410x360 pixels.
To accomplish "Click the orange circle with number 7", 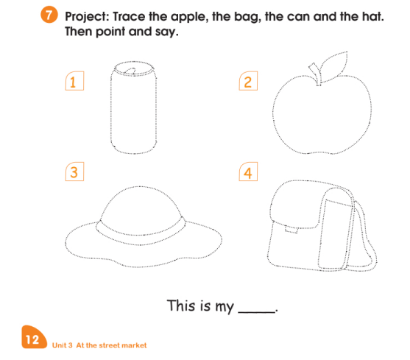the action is click(x=49, y=15).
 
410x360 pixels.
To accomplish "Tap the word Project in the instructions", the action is click(x=87, y=18).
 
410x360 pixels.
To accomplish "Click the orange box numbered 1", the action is click(x=74, y=81).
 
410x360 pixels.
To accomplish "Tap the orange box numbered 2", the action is click(x=248, y=81).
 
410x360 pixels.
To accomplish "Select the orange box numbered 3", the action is click(x=74, y=172).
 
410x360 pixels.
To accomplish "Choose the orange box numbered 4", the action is click(x=248, y=172).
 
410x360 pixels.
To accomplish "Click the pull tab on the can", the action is click(x=130, y=71).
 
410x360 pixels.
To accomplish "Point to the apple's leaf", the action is click(x=334, y=66).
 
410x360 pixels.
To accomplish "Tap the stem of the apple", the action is click(x=315, y=74).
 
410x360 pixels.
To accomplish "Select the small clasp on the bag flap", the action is click(x=291, y=230).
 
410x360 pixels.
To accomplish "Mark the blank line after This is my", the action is click(x=256, y=311).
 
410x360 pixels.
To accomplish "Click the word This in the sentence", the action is click(x=181, y=305).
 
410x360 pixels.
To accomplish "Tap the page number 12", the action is click(x=32, y=339).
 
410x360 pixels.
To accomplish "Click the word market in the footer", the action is click(x=134, y=345).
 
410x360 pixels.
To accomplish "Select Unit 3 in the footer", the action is click(x=63, y=345).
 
